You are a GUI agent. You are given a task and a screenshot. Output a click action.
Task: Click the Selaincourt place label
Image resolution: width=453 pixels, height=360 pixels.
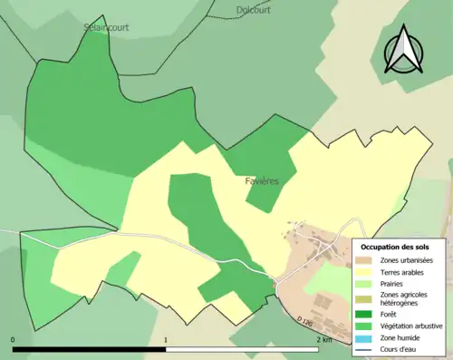pyautogui.click(x=105, y=27)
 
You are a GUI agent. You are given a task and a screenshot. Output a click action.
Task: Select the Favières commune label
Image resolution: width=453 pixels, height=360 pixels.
pyautogui.click(x=262, y=181)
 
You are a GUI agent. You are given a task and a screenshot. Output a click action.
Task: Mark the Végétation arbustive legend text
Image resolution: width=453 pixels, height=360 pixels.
pyautogui.click(x=413, y=325)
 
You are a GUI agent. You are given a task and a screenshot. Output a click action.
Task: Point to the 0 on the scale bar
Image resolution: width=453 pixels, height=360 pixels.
pyautogui.click(x=14, y=339)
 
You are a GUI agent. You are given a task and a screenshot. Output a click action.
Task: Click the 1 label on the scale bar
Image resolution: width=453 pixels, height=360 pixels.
pyautogui.click(x=166, y=339)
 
